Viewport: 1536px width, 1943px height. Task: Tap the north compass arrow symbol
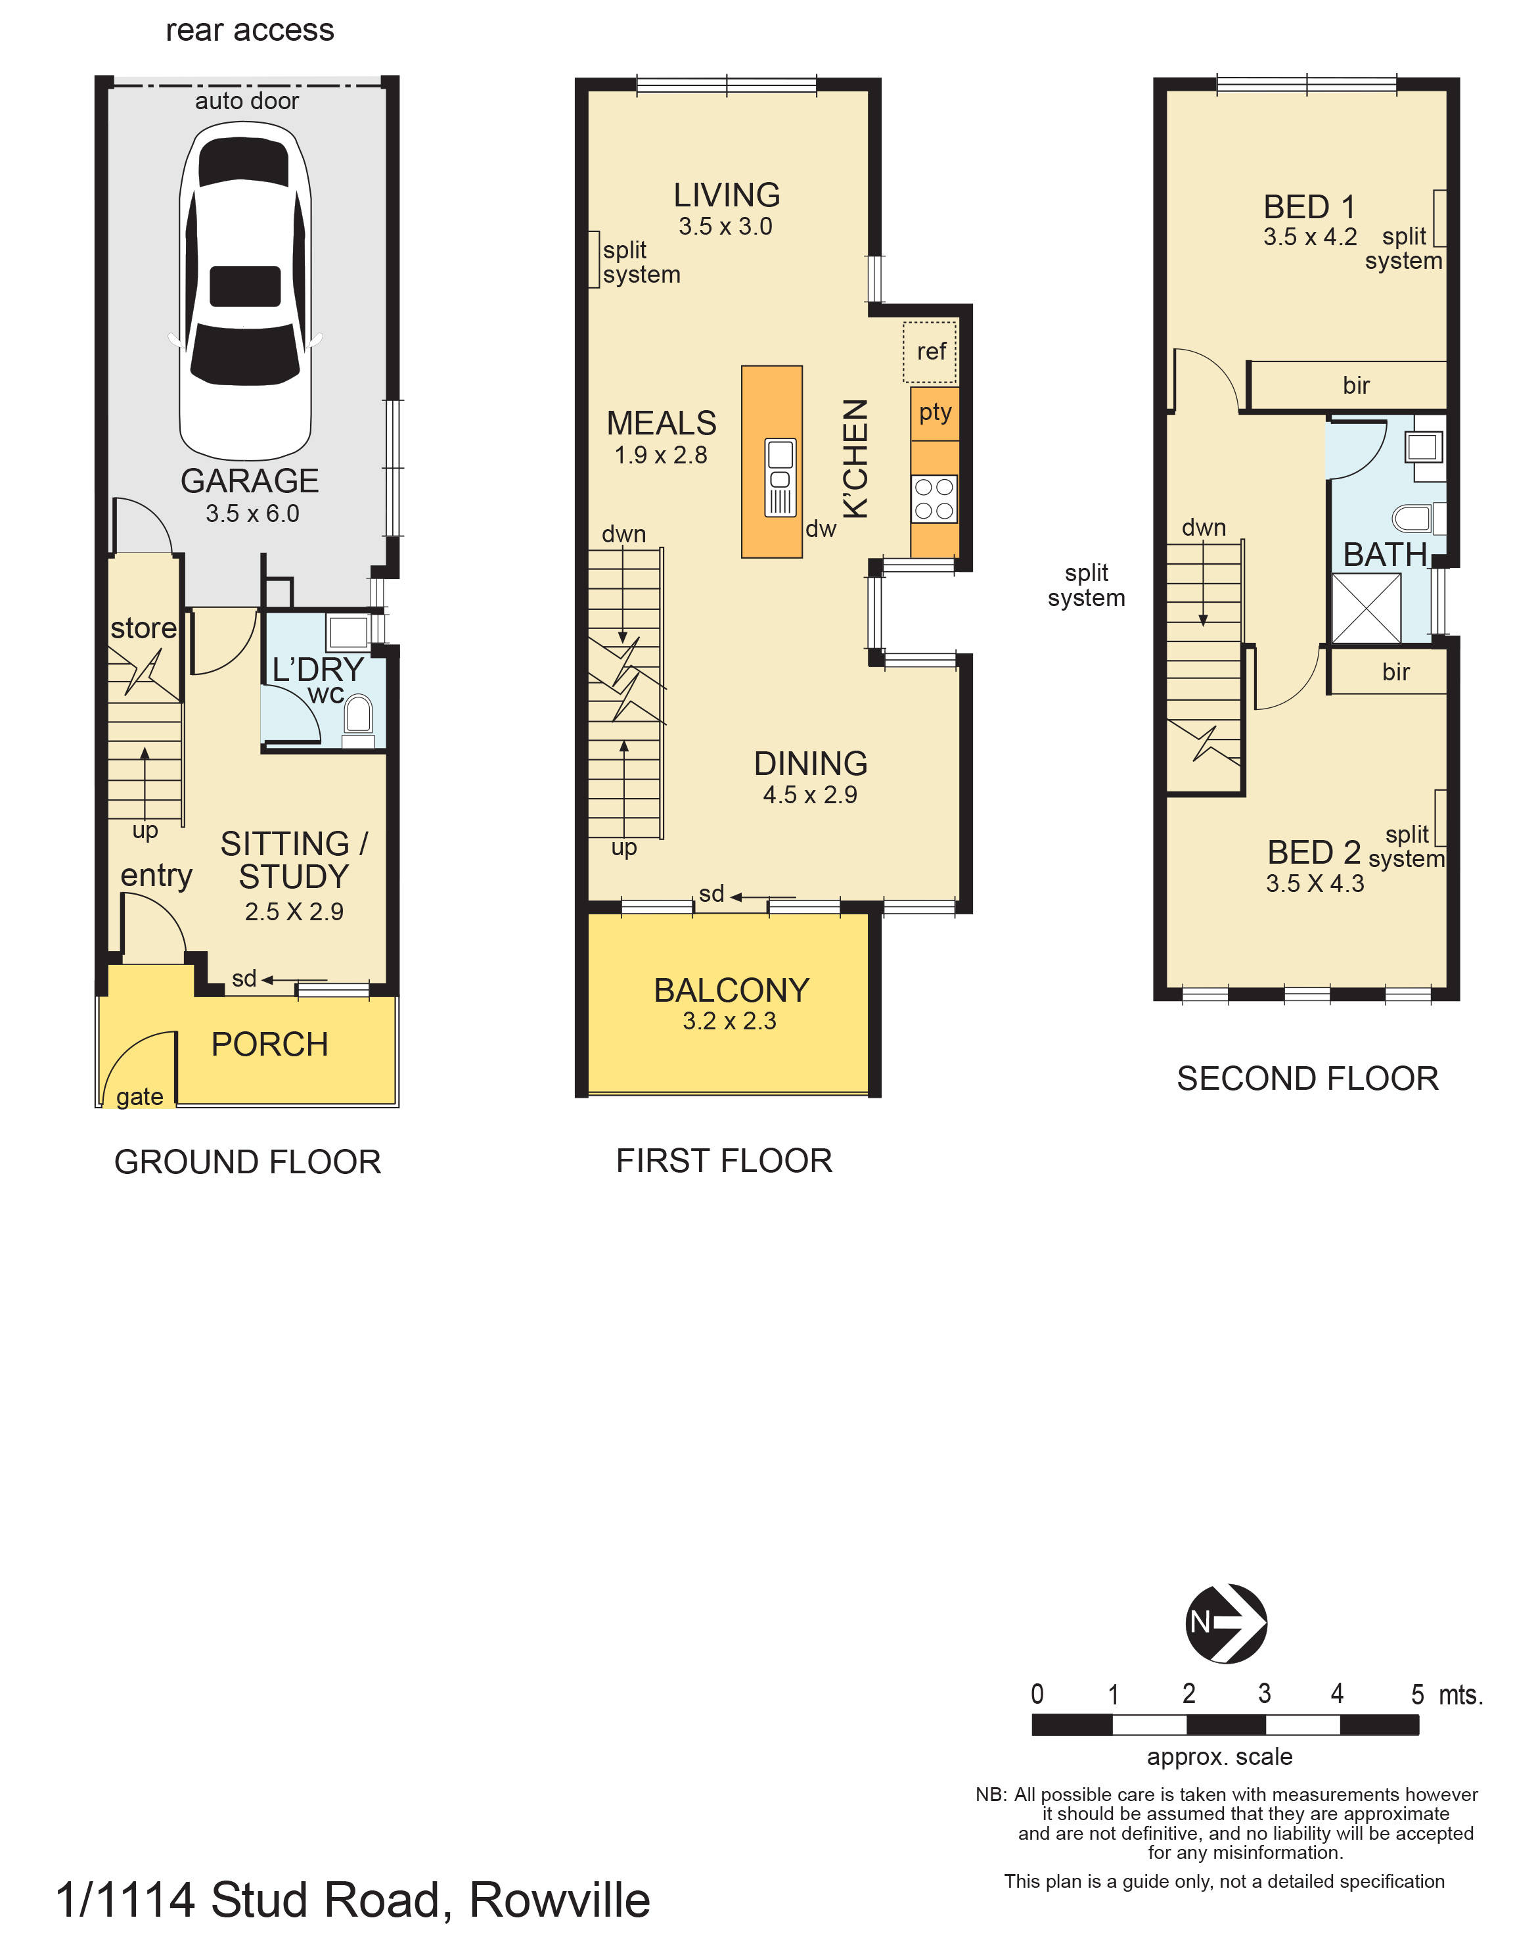[x=1226, y=1623]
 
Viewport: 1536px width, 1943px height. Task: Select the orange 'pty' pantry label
[x=934, y=412]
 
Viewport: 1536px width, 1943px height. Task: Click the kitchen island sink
[x=780, y=477]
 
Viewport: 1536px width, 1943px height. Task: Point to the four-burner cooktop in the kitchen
[x=934, y=500]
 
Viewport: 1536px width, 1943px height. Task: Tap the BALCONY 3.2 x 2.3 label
[x=731, y=1002]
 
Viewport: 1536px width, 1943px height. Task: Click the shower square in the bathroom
[x=1365, y=609]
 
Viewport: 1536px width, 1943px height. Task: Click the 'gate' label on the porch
[x=139, y=1096]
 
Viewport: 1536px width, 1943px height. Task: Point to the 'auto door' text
[x=246, y=101]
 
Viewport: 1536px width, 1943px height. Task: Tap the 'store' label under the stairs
[x=143, y=628]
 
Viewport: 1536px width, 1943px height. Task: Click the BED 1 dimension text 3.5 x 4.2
[x=1309, y=237]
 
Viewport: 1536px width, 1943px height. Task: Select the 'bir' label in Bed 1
[x=1355, y=385]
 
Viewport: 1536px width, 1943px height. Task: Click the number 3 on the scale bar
[x=1263, y=1694]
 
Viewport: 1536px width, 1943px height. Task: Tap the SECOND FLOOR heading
[x=1307, y=1079]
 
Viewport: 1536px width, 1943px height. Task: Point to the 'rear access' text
[x=249, y=31]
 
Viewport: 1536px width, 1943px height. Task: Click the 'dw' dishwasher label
[x=820, y=529]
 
